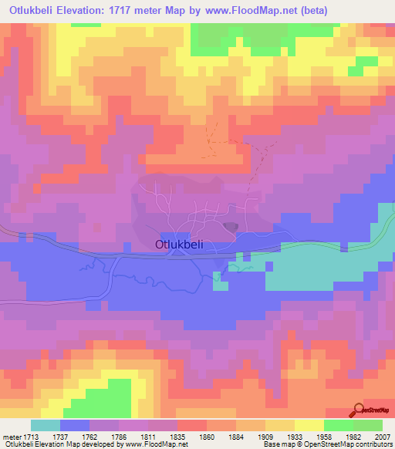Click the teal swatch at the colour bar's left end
coord(46,426)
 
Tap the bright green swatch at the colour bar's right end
coord(367,426)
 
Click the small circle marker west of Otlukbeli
coord(97,227)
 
